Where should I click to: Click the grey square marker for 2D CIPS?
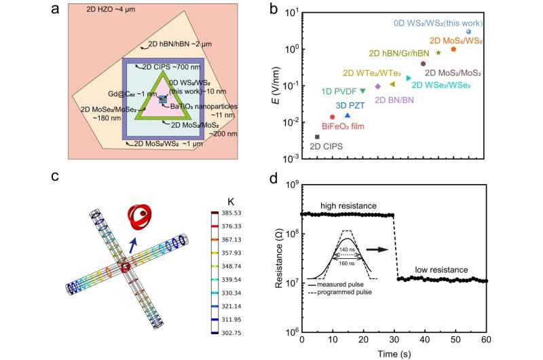pos(317,137)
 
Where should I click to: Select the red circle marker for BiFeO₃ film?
pos(332,117)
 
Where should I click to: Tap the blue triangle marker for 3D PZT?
pos(348,115)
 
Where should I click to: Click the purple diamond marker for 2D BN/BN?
pos(377,86)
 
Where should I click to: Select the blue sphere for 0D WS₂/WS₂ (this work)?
pos(468,32)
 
